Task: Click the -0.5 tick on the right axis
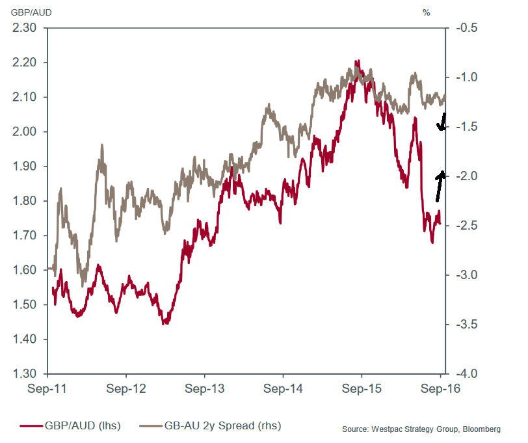[466, 28]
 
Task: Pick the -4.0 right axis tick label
[466, 374]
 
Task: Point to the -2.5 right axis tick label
[466, 226]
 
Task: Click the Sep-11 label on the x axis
[48, 390]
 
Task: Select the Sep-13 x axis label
[205, 390]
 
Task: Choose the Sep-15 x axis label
[362, 390]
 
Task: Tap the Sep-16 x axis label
[440, 390]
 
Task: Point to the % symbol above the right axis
[427, 12]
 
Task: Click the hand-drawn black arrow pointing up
[440, 186]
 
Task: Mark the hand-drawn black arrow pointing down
[443, 122]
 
